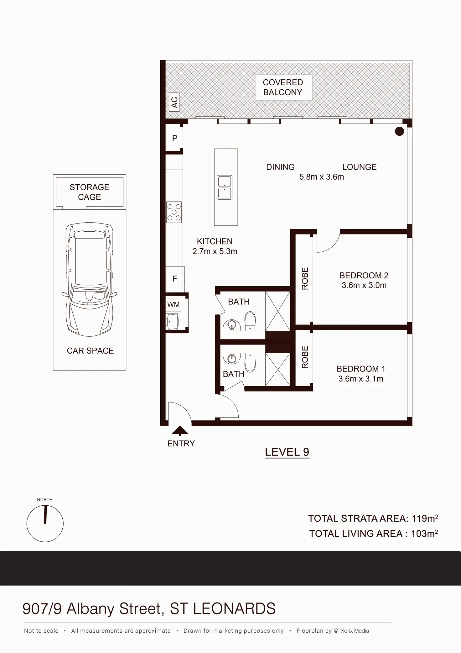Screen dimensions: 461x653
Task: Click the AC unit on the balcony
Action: [x=174, y=102]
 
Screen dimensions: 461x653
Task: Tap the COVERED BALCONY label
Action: [x=283, y=87]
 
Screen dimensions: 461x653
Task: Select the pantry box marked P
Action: [x=174, y=138]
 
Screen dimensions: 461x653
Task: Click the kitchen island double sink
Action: [x=225, y=187]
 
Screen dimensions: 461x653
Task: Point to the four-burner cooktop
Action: [x=174, y=212]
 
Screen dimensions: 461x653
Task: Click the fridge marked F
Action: [x=174, y=279]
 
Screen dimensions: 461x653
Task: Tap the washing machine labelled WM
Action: [x=174, y=304]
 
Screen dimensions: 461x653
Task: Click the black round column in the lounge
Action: [x=399, y=131]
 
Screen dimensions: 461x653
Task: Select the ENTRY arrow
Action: [x=180, y=430]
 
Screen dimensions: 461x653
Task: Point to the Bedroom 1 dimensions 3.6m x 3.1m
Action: [x=361, y=379]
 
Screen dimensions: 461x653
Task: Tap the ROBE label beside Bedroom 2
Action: [x=305, y=278]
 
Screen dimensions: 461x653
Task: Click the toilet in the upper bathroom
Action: [x=250, y=321]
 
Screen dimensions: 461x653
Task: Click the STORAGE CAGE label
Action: [x=90, y=192]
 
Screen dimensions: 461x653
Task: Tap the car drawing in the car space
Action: [x=90, y=279]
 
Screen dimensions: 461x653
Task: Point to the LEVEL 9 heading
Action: [x=287, y=452]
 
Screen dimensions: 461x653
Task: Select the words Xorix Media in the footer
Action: [x=355, y=631]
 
